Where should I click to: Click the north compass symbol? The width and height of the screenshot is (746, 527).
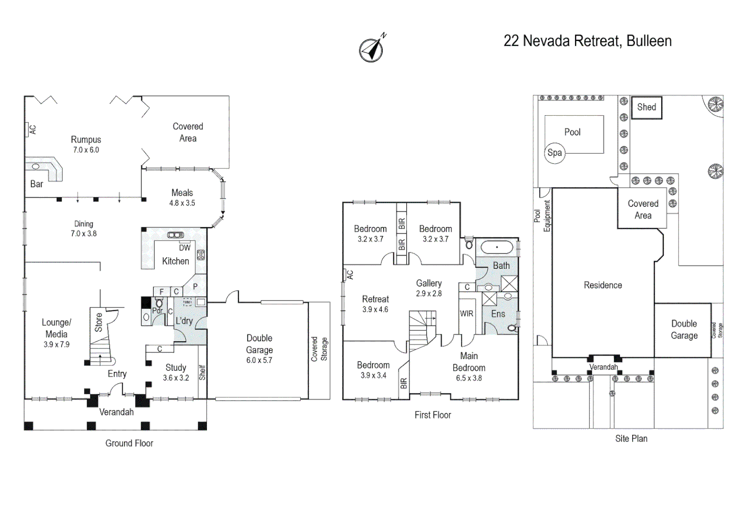tap(372, 50)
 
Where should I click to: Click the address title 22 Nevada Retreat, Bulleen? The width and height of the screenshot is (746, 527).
tap(587, 41)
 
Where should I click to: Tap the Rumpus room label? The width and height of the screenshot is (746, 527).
tap(86, 140)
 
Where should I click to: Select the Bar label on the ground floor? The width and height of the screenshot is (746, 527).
tap(37, 184)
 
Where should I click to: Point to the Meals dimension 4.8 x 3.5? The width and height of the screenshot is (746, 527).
tap(182, 203)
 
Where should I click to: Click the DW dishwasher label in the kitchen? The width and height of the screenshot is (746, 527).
tap(185, 248)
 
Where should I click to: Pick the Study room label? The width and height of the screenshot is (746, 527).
tap(176, 367)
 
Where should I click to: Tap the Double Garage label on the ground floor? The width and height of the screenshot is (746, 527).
tap(259, 344)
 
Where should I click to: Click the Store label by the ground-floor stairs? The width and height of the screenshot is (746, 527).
tap(99, 323)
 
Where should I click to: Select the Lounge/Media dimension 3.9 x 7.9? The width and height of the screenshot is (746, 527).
tap(57, 345)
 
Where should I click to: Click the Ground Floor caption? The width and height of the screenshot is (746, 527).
tap(129, 443)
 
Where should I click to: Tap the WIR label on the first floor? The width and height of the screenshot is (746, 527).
tap(467, 314)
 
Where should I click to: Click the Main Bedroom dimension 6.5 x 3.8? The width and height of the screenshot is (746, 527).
tap(469, 378)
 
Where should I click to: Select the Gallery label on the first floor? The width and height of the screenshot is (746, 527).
tap(429, 283)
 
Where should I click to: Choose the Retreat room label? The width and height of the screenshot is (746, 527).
tap(375, 299)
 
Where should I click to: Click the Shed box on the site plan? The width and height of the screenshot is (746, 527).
tap(646, 107)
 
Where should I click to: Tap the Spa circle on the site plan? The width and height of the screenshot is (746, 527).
tap(555, 153)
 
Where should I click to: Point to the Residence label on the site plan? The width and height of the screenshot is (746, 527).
tap(603, 285)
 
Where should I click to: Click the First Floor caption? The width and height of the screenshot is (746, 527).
tap(433, 415)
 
